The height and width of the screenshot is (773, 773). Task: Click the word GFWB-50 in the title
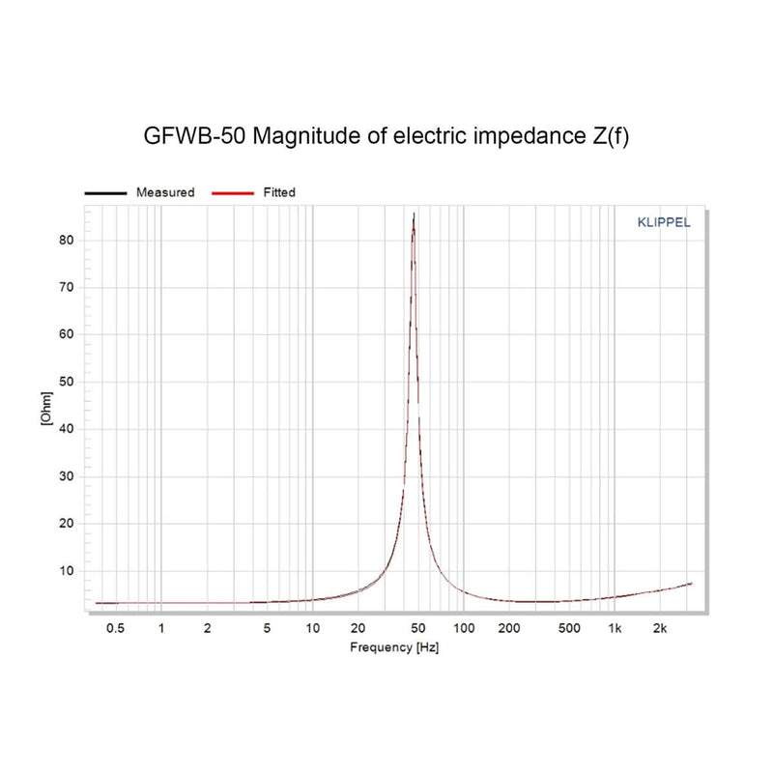coord(193,137)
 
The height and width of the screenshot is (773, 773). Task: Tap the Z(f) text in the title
coord(608,137)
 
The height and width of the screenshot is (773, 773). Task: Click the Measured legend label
coord(165,192)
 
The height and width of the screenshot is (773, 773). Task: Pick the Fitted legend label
coord(279,192)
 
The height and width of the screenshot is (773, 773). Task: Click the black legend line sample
coord(106,193)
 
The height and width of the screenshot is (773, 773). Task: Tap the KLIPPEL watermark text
coord(664,221)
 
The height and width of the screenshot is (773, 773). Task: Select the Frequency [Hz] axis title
coord(394,647)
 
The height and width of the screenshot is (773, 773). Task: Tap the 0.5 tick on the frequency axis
coord(115,628)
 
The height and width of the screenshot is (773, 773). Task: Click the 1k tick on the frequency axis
coord(615,628)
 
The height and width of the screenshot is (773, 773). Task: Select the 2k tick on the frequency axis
coord(661,628)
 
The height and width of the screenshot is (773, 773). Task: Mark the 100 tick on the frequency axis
coord(464,628)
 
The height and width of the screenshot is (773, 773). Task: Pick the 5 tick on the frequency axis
coord(267,628)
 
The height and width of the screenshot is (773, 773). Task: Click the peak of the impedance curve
coord(414,215)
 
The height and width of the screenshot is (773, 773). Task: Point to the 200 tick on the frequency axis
coord(509,628)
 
